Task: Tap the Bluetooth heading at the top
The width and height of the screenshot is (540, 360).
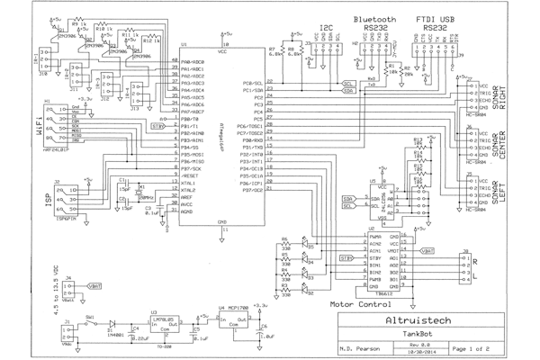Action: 376,19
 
